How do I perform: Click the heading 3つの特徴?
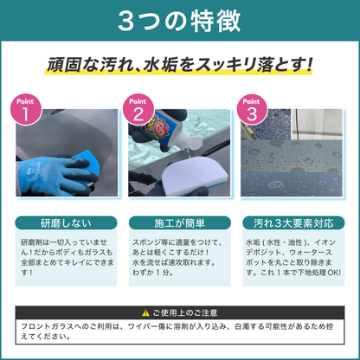point(179,20)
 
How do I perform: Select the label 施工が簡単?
point(179,222)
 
